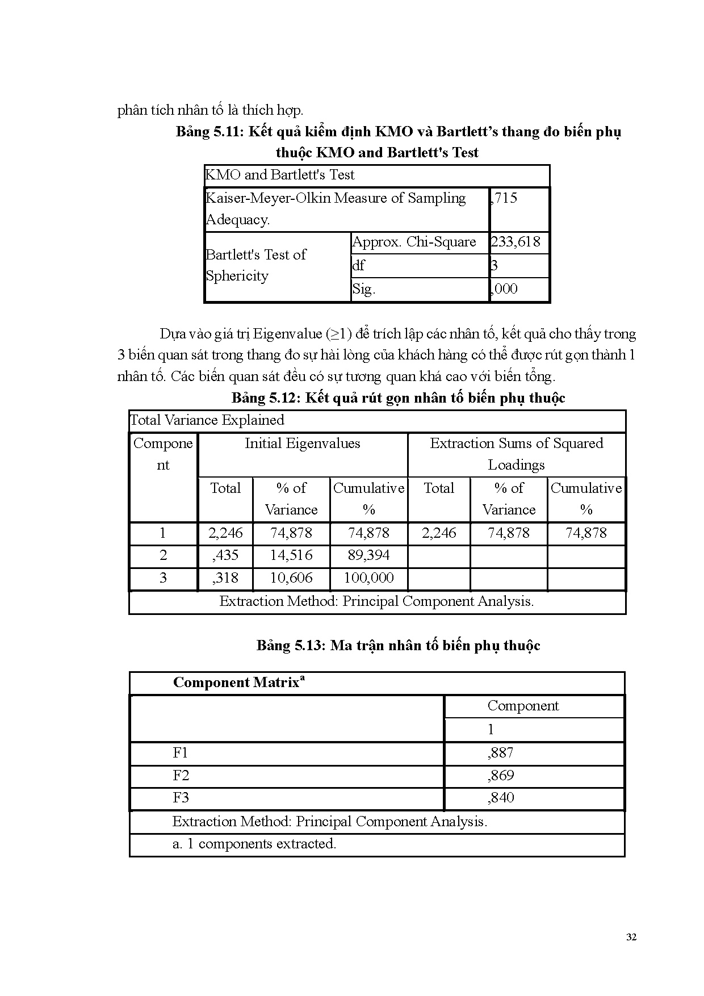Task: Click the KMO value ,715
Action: click(x=504, y=198)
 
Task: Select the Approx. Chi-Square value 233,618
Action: click(x=516, y=242)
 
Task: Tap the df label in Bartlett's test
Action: click(x=358, y=266)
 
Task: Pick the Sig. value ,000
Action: click(x=504, y=289)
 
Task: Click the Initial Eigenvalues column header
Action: click(x=302, y=443)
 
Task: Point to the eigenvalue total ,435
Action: click(x=225, y=555)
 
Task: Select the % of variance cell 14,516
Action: click(x=291, y=555)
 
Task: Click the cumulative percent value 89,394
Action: click(x=368, y=555)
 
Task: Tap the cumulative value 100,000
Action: click(x=368, y=578)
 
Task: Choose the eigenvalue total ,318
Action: click(x=225, y=578)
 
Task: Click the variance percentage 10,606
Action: click(x=291, y=578)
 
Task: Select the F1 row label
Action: click(x=180, y=753)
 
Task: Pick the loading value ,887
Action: click(x=500, y=753)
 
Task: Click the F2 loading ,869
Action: click(x=500, y=776)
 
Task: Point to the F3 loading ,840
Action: click(x=500, y=798)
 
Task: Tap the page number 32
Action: click(x=631, y=938)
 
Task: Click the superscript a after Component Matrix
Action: click(x=303, y=679)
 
